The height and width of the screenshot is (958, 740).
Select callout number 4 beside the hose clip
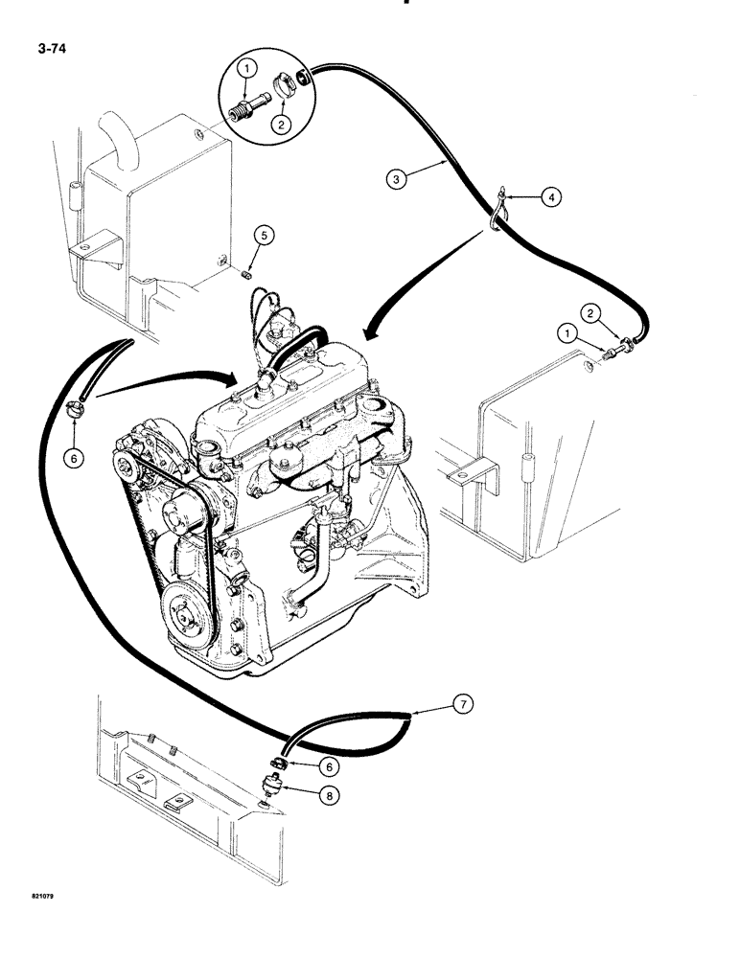tap(549, 198)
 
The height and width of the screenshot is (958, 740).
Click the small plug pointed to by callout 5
tap(247, 274)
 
